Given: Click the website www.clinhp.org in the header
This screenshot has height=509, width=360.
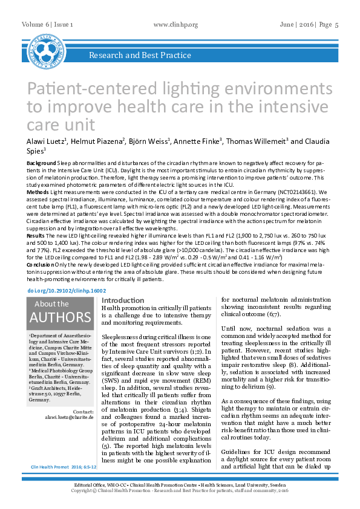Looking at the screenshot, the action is [176, 24].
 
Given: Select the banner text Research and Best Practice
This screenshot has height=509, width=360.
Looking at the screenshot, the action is [140, 56].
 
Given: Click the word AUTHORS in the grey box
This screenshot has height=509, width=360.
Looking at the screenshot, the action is [61, 317].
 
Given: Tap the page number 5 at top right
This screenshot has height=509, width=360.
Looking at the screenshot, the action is [336, 24].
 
